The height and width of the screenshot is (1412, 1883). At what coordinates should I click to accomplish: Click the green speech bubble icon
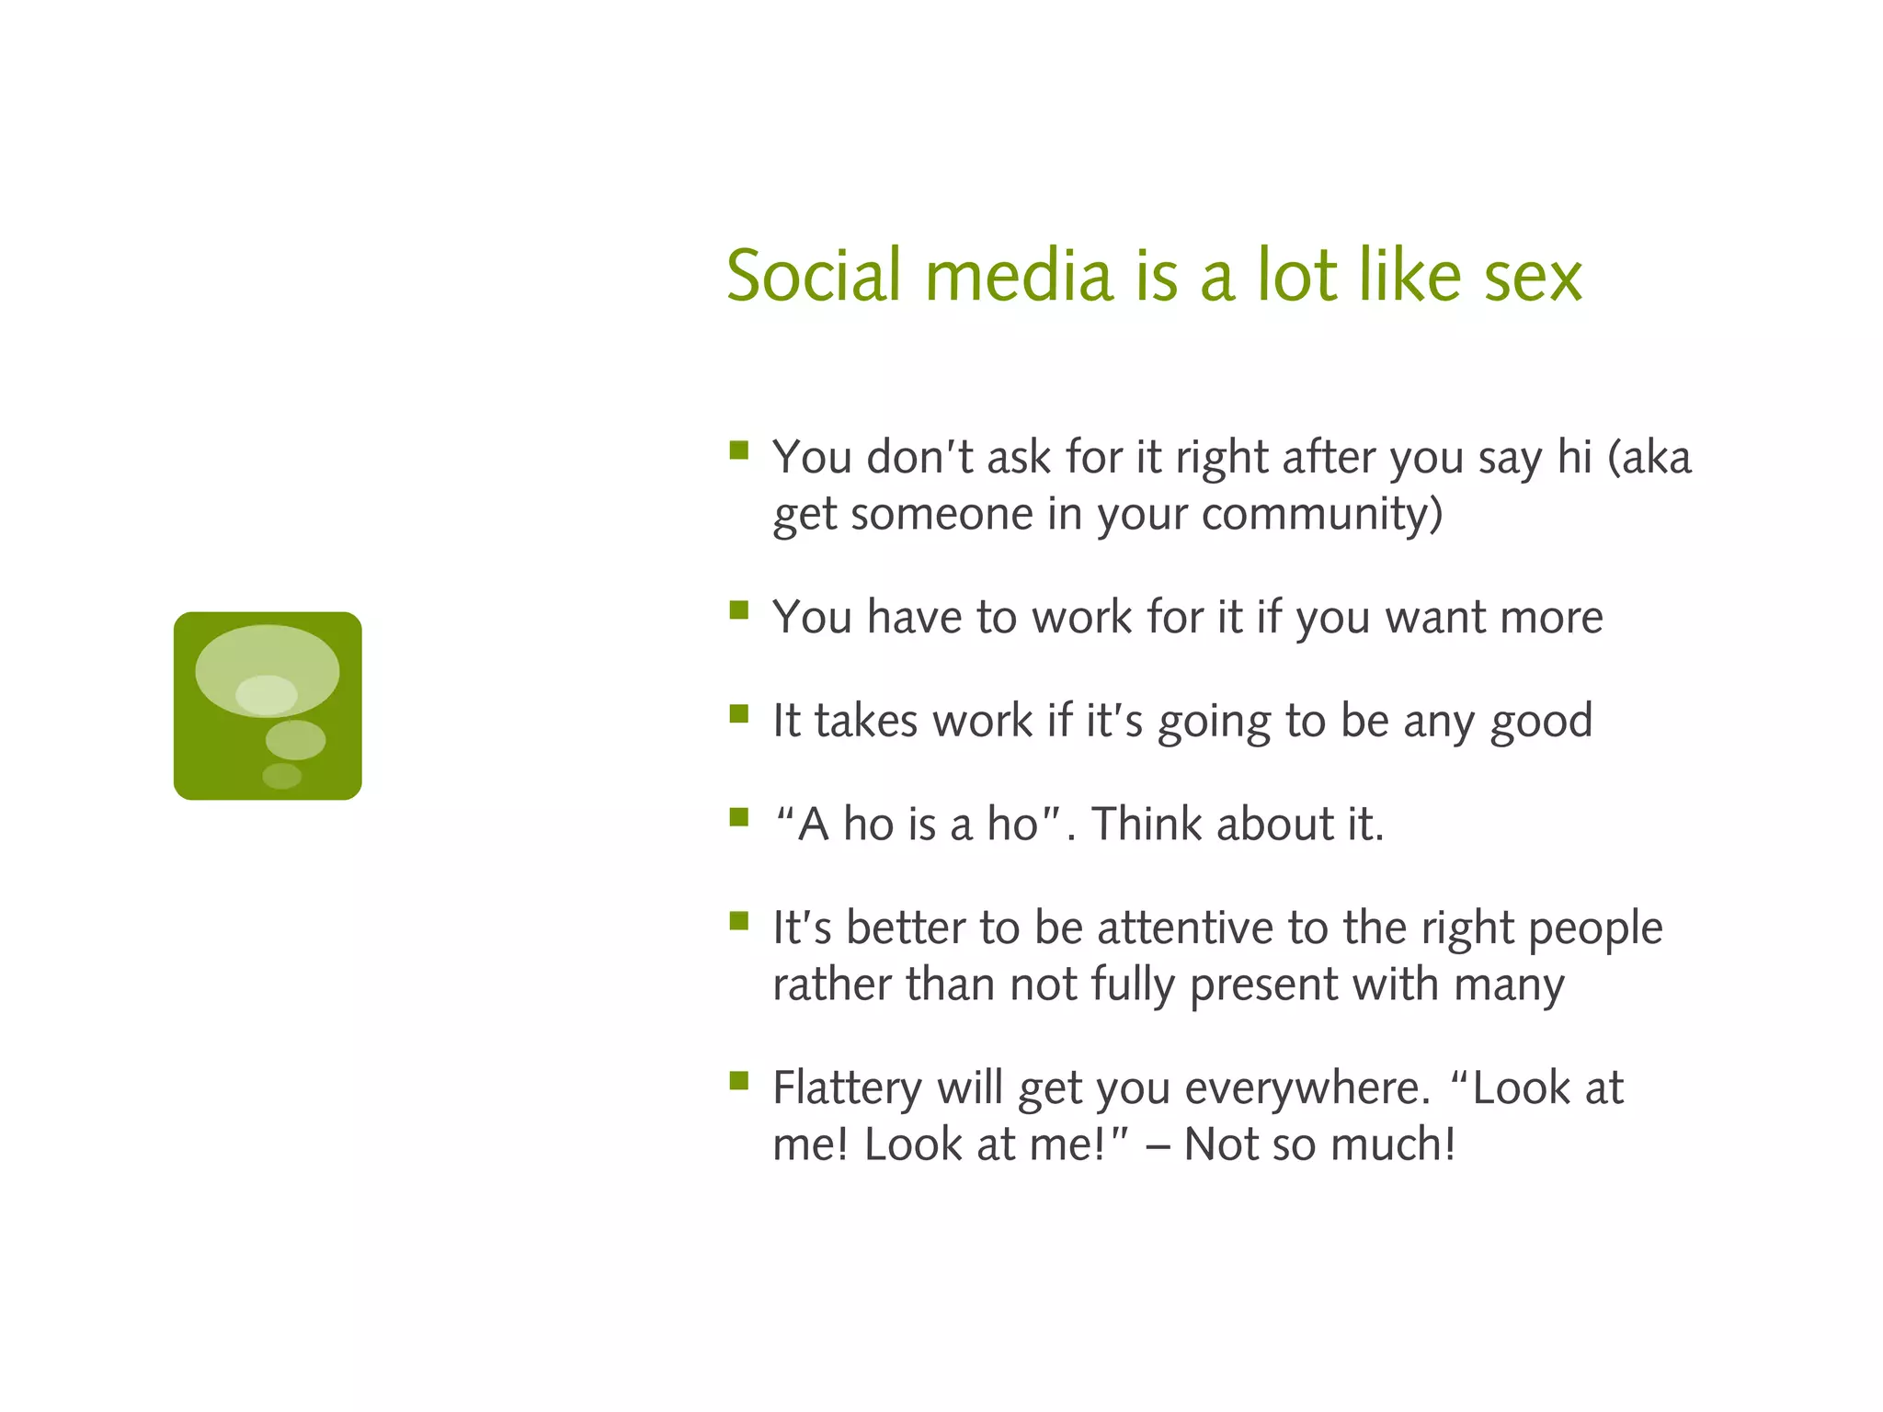268,706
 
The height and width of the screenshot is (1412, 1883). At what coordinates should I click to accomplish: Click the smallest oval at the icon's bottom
281,776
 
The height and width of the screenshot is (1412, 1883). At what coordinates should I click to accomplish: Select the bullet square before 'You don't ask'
739,450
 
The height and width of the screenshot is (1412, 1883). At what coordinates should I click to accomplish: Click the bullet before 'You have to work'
739,610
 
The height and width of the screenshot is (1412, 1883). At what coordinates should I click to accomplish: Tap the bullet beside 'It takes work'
739,714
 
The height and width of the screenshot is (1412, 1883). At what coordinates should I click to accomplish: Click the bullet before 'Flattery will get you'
739,1080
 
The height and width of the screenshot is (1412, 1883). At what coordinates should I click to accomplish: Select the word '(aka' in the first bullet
1649,458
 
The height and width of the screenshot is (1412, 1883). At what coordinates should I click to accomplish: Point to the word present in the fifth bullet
1263,985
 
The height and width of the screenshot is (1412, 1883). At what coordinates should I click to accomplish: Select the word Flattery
847,1089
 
